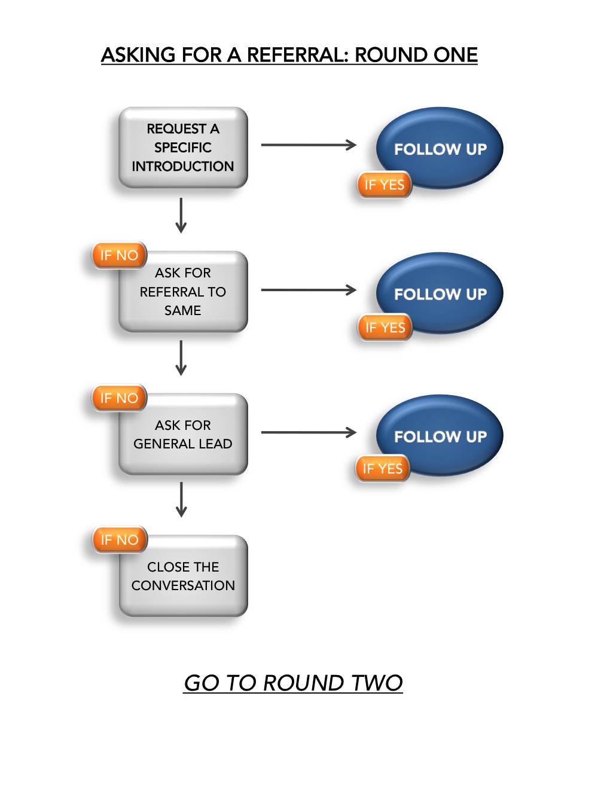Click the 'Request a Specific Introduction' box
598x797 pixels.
tap(183, 148)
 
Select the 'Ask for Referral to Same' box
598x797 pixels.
tap(183, 292)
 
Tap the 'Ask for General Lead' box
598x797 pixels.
tap(183, 435)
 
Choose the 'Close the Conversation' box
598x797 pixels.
tap(183, 576)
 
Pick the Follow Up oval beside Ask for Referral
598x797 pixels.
tap(440, 293)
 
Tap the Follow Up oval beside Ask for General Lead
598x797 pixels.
tap(440, 435)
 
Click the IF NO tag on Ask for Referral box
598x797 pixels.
tap(119, 255)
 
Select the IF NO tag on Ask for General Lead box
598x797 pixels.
tap(119, 398)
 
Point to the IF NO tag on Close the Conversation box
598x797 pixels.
tap(120, 540)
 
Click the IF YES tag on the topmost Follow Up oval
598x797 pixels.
tap(385, 185)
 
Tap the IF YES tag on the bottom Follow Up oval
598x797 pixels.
tap(383, 469)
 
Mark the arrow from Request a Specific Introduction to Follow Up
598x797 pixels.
tap(309, 145)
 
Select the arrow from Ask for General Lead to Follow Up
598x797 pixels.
tap(309, 432)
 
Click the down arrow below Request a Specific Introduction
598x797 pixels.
tap(181, 215)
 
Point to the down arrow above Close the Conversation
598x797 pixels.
tap(181, 500)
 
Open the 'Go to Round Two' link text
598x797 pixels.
tap(293, 683)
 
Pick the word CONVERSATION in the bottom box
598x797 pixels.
tap(183, 585)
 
